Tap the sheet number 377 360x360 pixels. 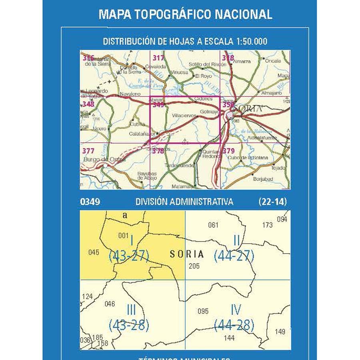[88, 151]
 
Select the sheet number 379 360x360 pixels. [228, 151]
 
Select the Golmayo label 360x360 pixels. [209, 112]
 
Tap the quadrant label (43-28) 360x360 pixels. [129, 324]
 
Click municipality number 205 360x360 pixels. [194, 266]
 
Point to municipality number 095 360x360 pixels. [203, 311]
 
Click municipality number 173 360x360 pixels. [267, 225]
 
